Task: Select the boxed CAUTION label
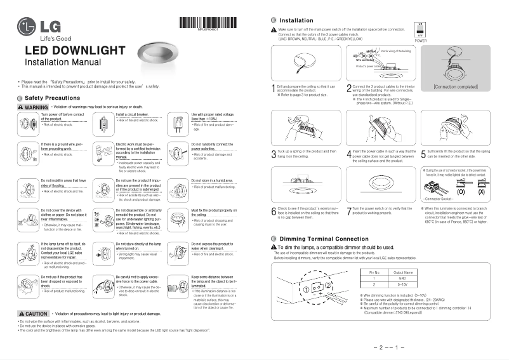34,314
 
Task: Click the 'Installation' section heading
296,21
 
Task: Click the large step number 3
274,154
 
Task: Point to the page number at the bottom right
389,348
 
